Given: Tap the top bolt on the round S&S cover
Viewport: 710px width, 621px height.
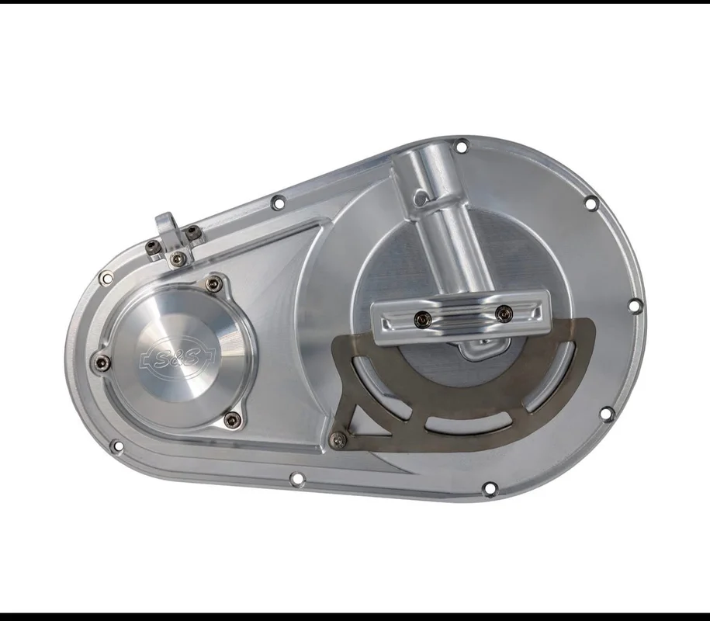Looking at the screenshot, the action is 213,284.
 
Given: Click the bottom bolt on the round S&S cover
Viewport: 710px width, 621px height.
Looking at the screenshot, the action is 233,420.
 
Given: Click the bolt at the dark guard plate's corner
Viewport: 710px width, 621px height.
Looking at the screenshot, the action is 338,438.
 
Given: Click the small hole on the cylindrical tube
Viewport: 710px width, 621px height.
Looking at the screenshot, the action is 421,196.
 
